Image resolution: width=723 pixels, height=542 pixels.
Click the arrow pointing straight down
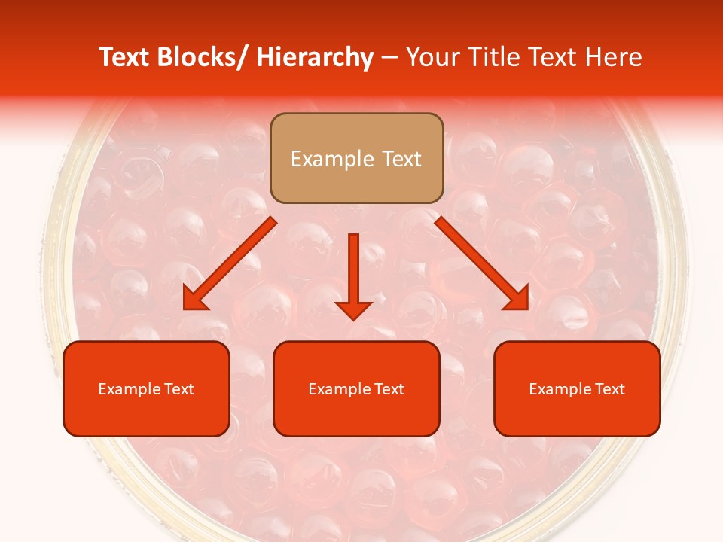pos(353,276)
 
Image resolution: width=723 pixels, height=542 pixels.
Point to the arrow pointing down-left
pos(230,263)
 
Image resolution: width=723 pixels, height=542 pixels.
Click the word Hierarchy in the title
pos(315,58)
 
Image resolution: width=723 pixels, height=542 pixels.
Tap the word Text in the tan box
pos(400,159)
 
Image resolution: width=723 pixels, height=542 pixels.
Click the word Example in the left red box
pos(129,389)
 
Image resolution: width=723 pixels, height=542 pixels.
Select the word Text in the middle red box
pos(388,389)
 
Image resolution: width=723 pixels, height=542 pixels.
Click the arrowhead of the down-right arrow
pos(517,299)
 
